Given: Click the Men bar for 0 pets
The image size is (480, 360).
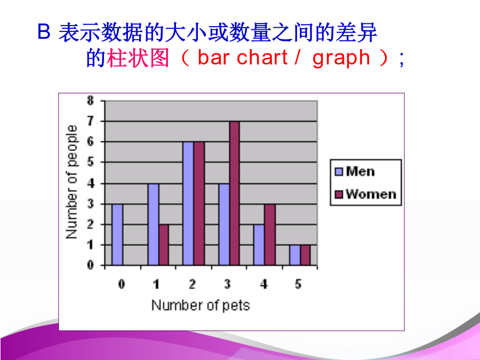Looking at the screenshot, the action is pos(117,235).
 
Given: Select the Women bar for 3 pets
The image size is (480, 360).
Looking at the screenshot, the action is pos(235,193).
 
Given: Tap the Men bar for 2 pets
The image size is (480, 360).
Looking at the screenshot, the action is pos(188,203).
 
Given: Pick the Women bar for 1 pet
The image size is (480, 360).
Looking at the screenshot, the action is pos(164,245).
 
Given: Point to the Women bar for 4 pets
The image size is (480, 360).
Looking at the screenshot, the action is pos(270,235).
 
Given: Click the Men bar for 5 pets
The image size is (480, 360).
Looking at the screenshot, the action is pos(295,255).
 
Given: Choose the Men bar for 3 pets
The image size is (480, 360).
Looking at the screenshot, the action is pos(224,225).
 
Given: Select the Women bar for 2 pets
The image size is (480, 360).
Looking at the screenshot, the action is pos(199,203).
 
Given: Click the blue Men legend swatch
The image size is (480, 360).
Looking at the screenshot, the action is pos(339,171).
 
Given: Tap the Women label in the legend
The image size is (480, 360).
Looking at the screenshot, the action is pos(371,194).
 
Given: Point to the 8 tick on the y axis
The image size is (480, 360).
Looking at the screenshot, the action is pos(90,100).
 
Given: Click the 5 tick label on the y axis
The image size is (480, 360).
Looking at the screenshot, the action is pos(90,162).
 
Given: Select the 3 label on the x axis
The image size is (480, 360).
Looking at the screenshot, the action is pos(227,284).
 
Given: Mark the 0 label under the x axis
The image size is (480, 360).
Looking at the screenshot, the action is pos(122,284).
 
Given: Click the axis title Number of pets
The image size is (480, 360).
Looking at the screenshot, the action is pos(201,306).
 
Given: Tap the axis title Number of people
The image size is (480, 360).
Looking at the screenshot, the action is pos(71,182).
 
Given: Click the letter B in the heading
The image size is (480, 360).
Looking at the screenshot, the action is pos(44,32).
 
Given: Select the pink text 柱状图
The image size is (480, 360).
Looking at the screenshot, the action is pos(138,58).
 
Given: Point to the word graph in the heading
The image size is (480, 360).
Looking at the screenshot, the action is pos(341,58).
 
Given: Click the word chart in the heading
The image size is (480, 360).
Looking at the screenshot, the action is pos(262,57).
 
